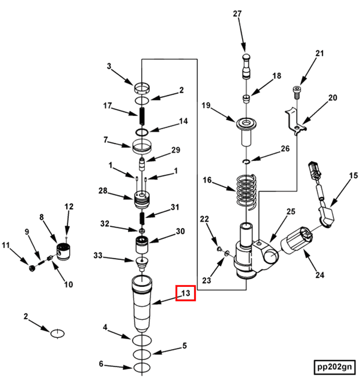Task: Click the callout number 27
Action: click(237, 14)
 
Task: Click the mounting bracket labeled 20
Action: click(294, 122)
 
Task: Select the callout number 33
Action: click(97, 256)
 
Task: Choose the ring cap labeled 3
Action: click(142, 88)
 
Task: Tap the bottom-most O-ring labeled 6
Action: click(142, 367)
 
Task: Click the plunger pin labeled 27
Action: click(245, 65)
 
